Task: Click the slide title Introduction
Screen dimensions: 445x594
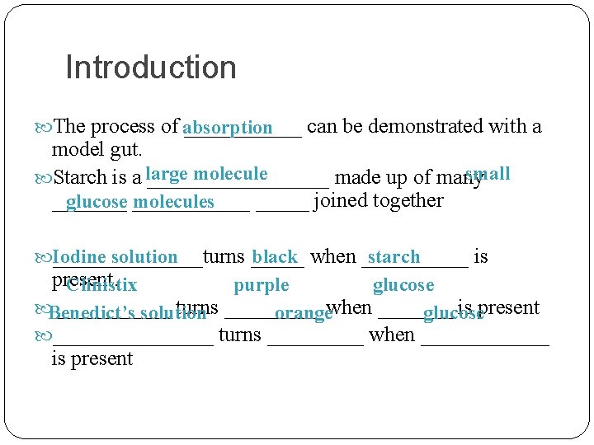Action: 150,68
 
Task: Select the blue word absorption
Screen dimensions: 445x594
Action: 228,129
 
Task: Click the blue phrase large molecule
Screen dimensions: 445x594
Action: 206,174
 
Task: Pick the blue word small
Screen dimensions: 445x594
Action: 488,174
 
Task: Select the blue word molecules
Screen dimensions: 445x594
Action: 173,202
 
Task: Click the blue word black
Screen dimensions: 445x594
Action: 275,257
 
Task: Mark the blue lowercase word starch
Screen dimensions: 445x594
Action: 394,257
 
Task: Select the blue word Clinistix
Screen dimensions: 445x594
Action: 101,286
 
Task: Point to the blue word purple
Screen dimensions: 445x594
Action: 262,286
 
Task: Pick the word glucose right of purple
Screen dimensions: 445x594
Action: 403,286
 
